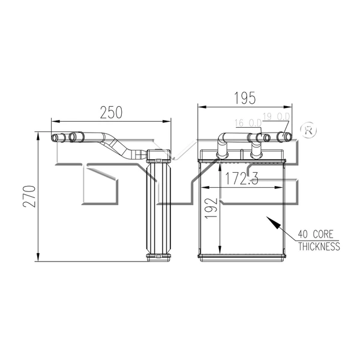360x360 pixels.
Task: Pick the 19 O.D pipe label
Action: [277, 116]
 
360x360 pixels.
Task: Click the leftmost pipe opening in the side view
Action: [56, 138]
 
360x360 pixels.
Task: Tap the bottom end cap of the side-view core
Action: [159, 257]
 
